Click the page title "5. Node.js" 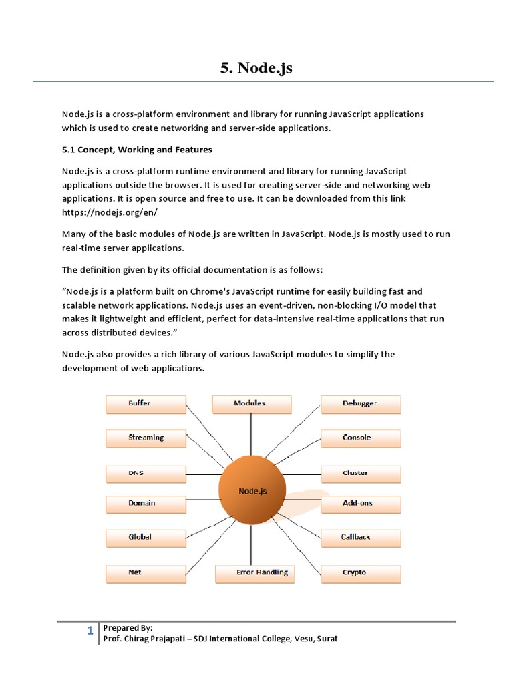coord(256,67)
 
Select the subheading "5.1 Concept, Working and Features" coord(137,150)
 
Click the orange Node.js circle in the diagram coord(252,490)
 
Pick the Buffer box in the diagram coord(146,404)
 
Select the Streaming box coord(146,438)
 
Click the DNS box coord(146,474)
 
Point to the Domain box coord(146,504)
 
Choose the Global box coord(146,537)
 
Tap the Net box coord(146,573)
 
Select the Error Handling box coord(255,573)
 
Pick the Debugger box coord(361,404)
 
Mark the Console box coord(361,438)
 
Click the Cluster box coord(361,474)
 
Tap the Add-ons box coord(361,504)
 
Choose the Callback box coord(361,537)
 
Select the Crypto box coord(361,573)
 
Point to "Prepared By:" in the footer coord(128,628)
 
